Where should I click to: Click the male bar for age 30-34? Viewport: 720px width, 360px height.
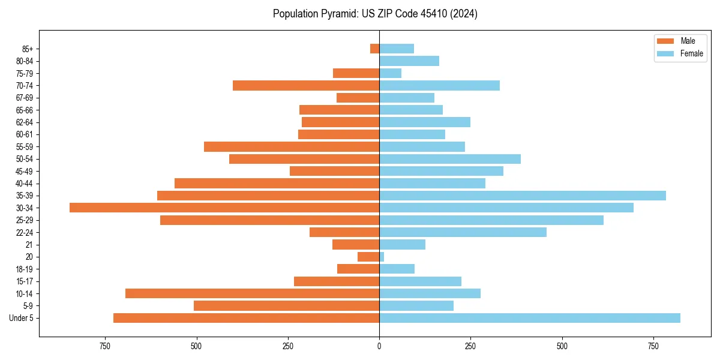(224, 208)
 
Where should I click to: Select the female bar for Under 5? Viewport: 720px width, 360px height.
(530, 318)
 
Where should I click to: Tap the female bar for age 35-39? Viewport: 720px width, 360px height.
(523, 196)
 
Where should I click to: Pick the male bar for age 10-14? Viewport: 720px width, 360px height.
(252, 293)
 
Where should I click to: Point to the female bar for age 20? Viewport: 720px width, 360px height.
(382, 257)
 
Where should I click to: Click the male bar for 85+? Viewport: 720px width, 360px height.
(375, 49)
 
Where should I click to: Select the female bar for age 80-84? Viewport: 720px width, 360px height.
(409, 61)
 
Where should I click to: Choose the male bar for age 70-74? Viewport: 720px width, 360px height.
(306, 85)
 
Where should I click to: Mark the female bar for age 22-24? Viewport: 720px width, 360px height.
(463, 232)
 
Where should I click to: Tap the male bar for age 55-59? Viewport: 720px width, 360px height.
(292, 146)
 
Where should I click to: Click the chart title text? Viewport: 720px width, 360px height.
(375, 14)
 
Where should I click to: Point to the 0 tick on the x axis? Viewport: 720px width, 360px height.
(379, 346)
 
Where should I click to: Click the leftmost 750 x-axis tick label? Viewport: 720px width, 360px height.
(105, 346)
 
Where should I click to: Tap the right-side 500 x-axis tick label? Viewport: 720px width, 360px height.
(562, 346)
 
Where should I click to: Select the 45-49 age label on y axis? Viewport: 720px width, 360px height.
(25, 171)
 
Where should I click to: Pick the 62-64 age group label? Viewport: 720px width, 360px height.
(25, 122)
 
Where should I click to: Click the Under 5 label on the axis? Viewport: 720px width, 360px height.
(22, 318)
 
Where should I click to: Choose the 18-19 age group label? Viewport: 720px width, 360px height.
(25, 269)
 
